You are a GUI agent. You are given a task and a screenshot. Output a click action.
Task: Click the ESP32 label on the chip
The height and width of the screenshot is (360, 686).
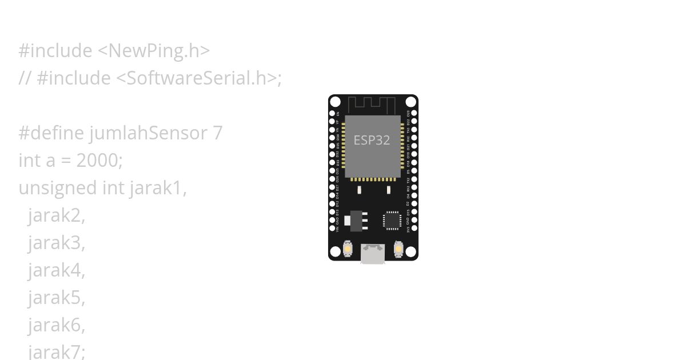(x=372, y=140)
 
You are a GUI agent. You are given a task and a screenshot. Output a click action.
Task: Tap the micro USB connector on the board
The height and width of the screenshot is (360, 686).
(x=373, y=254)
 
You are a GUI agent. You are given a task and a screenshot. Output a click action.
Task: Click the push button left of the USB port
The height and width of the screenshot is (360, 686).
(x=348, y=250)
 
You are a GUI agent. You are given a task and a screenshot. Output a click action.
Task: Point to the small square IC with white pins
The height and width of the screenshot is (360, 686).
(x=392, y=220)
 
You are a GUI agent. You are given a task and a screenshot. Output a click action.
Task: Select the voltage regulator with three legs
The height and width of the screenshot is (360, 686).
(x=358, y=221)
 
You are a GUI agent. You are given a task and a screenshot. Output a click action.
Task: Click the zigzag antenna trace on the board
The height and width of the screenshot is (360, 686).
(x=372, y=105)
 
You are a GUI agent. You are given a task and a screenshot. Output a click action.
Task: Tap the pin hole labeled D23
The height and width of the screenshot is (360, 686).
(x=414, y=113)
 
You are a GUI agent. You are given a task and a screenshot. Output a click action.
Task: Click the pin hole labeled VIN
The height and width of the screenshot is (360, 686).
(x=332, y=229)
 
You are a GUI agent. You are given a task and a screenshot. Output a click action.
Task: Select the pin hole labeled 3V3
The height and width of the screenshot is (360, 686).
(x=414, y=229)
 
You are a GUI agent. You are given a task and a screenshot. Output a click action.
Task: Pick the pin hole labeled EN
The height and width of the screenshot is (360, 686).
(x=332, y=113)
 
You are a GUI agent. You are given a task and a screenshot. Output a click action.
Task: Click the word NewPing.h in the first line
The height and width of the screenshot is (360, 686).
(x=154, y=51)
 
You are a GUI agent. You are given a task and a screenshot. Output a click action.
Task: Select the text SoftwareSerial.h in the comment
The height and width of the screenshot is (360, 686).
(x=197, y=78)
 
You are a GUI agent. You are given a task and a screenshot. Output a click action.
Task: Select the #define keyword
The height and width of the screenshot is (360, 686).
(x=51, y=133)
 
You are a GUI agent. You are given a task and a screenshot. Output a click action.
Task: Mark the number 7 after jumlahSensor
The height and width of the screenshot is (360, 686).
(x=217, y=133)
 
